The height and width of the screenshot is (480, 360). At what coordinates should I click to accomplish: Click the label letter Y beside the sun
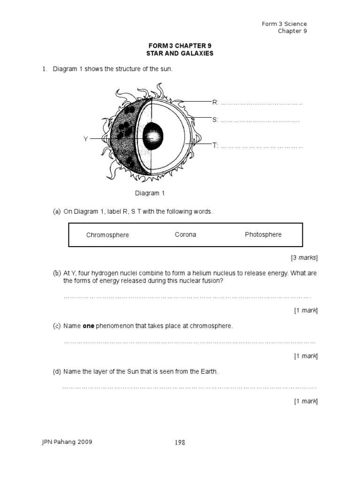[x=86, y=139]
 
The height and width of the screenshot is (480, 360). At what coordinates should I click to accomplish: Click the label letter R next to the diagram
[x=215, y=102]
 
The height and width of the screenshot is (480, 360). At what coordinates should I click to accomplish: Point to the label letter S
[x=215, y=120]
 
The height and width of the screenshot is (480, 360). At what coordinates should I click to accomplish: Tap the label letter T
[x=215, y=146]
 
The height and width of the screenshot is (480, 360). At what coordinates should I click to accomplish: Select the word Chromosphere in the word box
[x=107, y=235]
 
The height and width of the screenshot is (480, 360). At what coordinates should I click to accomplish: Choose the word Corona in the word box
[x=186, y=234]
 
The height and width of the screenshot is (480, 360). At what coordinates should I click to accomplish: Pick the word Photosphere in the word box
[x=263, y=234]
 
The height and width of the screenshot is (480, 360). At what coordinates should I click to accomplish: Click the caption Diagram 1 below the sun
[x=150, y=193]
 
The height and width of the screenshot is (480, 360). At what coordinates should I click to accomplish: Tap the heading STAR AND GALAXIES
[x=180, y=53]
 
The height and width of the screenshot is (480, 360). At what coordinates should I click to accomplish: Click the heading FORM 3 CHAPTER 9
[x=180, y=45]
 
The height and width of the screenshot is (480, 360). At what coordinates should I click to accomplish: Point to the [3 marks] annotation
[x=304, y=257]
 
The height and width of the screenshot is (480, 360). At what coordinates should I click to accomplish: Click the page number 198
[x=180, y=442]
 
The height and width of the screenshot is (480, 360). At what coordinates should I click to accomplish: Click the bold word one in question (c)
[x=89, y=326]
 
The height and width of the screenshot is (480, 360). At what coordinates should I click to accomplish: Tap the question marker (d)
[x=57, y=372]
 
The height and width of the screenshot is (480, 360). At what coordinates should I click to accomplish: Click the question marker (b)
[x=57, y=273]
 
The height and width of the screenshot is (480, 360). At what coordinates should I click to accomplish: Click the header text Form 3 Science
[x=285, y=24]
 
